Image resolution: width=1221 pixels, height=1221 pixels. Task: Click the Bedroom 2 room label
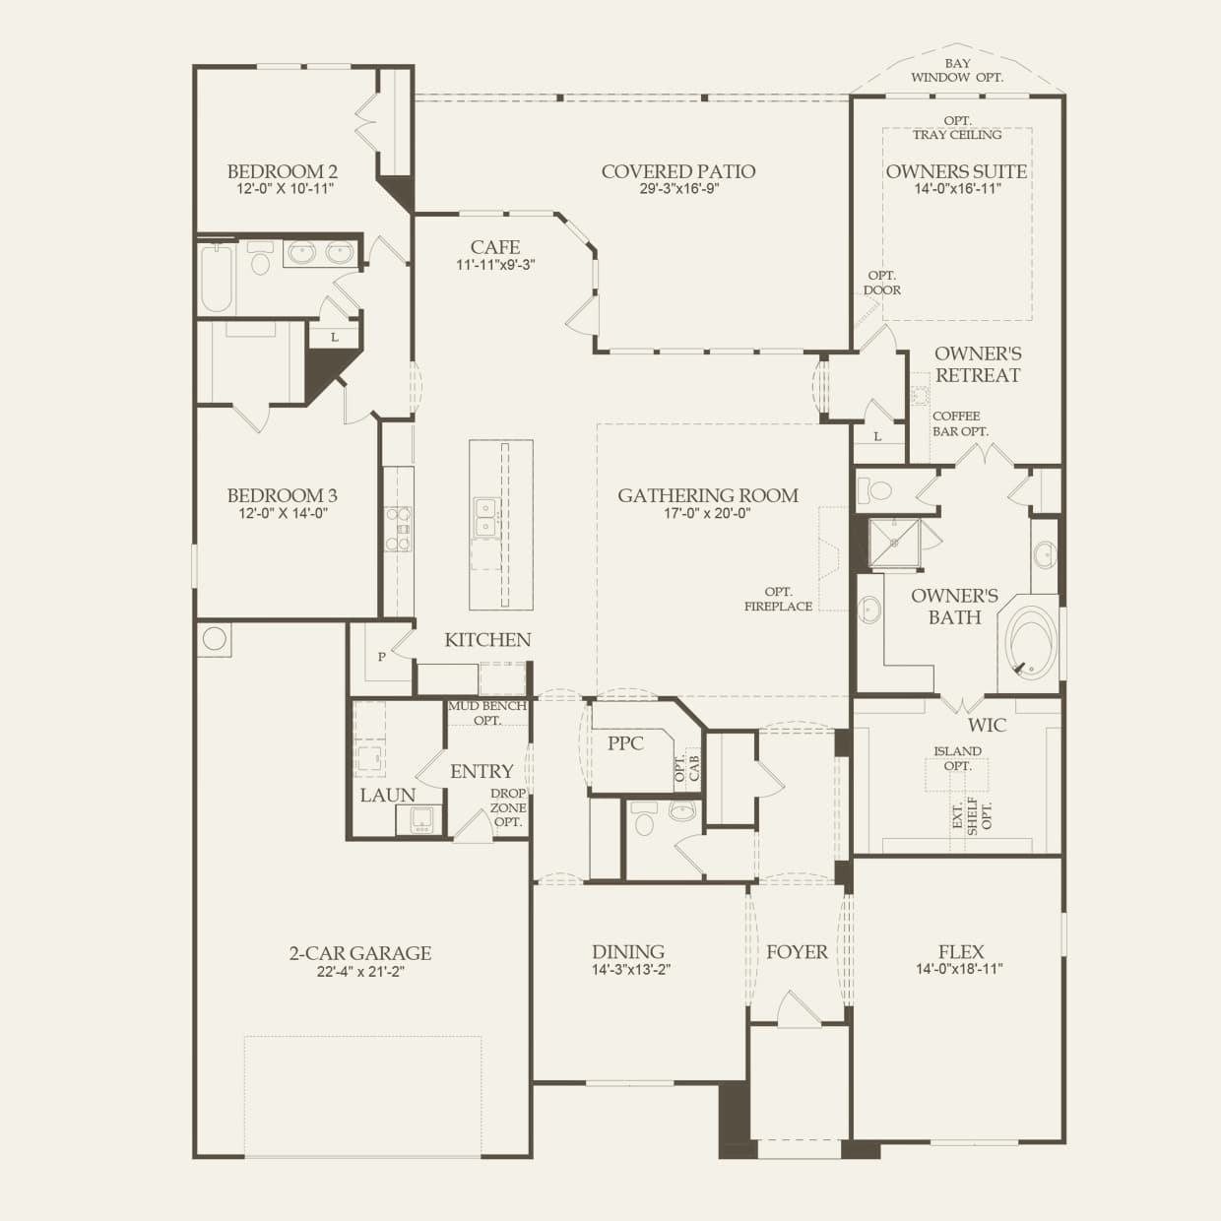coord(282,171)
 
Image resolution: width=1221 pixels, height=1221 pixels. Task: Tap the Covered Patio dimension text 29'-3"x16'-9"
coord(678,188)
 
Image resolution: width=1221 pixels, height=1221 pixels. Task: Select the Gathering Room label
coord(708,495)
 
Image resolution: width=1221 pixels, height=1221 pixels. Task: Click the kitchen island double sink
coord(485,516)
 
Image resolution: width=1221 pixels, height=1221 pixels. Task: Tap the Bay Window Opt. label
coord(957,70)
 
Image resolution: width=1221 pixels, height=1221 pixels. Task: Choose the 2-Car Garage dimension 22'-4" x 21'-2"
coord(360,971)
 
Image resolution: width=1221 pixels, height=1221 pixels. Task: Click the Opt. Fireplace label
coord(778,599)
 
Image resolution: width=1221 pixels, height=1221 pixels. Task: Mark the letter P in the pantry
coord(381,657)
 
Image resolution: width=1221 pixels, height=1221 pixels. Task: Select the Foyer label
coord(797,952)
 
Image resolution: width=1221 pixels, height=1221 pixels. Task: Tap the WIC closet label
coord(987,726)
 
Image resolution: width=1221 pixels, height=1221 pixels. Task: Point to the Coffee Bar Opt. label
coord(960,423)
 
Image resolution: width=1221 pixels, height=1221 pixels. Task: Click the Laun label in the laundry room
coord(388,796)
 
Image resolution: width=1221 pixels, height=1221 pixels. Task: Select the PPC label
coord(625,743)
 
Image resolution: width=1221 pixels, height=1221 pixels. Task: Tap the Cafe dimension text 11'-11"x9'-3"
coord(495,264)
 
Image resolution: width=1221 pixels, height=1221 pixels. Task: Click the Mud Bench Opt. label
coord(487,712)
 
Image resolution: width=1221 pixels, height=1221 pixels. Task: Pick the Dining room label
coord(628,952)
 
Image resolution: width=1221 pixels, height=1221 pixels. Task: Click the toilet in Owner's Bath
coord(874,489)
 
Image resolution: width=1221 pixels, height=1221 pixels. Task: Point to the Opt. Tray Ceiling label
coord(957,127)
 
